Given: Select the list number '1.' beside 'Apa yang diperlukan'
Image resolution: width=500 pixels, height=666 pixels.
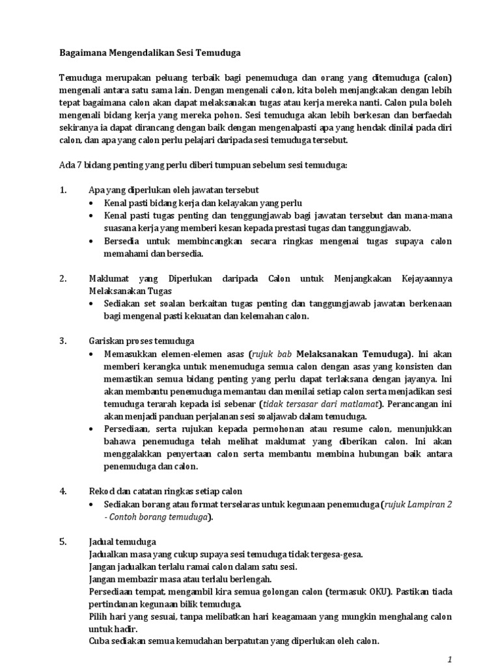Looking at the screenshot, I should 63,190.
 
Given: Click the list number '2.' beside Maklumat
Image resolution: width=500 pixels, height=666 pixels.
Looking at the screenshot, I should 63,279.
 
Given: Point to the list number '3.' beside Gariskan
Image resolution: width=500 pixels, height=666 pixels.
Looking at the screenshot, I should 63,340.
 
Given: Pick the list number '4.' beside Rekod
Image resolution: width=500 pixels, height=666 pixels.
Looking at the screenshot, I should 63,490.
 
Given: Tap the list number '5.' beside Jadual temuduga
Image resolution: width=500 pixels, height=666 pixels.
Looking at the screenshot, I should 63,541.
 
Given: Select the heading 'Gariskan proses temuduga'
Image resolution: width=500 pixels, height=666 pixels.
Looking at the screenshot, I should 141,340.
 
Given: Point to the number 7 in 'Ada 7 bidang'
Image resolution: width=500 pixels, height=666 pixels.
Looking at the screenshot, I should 77,165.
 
